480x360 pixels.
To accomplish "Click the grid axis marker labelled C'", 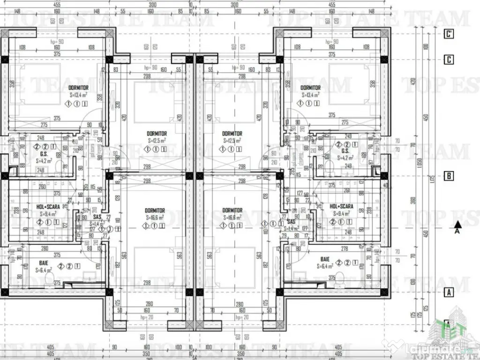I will click(x=450, y=33).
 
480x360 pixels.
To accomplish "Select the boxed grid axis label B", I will click(x=449, y=176).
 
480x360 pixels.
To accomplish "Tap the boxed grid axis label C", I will click(x=450, y=60).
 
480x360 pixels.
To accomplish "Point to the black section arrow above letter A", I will click(x=457, y=224).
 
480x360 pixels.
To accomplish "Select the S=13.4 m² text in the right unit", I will click(x=310, y=94).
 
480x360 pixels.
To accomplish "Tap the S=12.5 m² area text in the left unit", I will click(x=157, y=140).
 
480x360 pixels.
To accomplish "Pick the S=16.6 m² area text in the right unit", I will click(x=232, y=217).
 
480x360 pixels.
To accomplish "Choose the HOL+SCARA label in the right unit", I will click(x=341, y=206).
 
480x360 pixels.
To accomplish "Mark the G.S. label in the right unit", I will click(x=345, y=151).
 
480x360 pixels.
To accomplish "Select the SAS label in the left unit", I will click(x=97, y=217).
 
